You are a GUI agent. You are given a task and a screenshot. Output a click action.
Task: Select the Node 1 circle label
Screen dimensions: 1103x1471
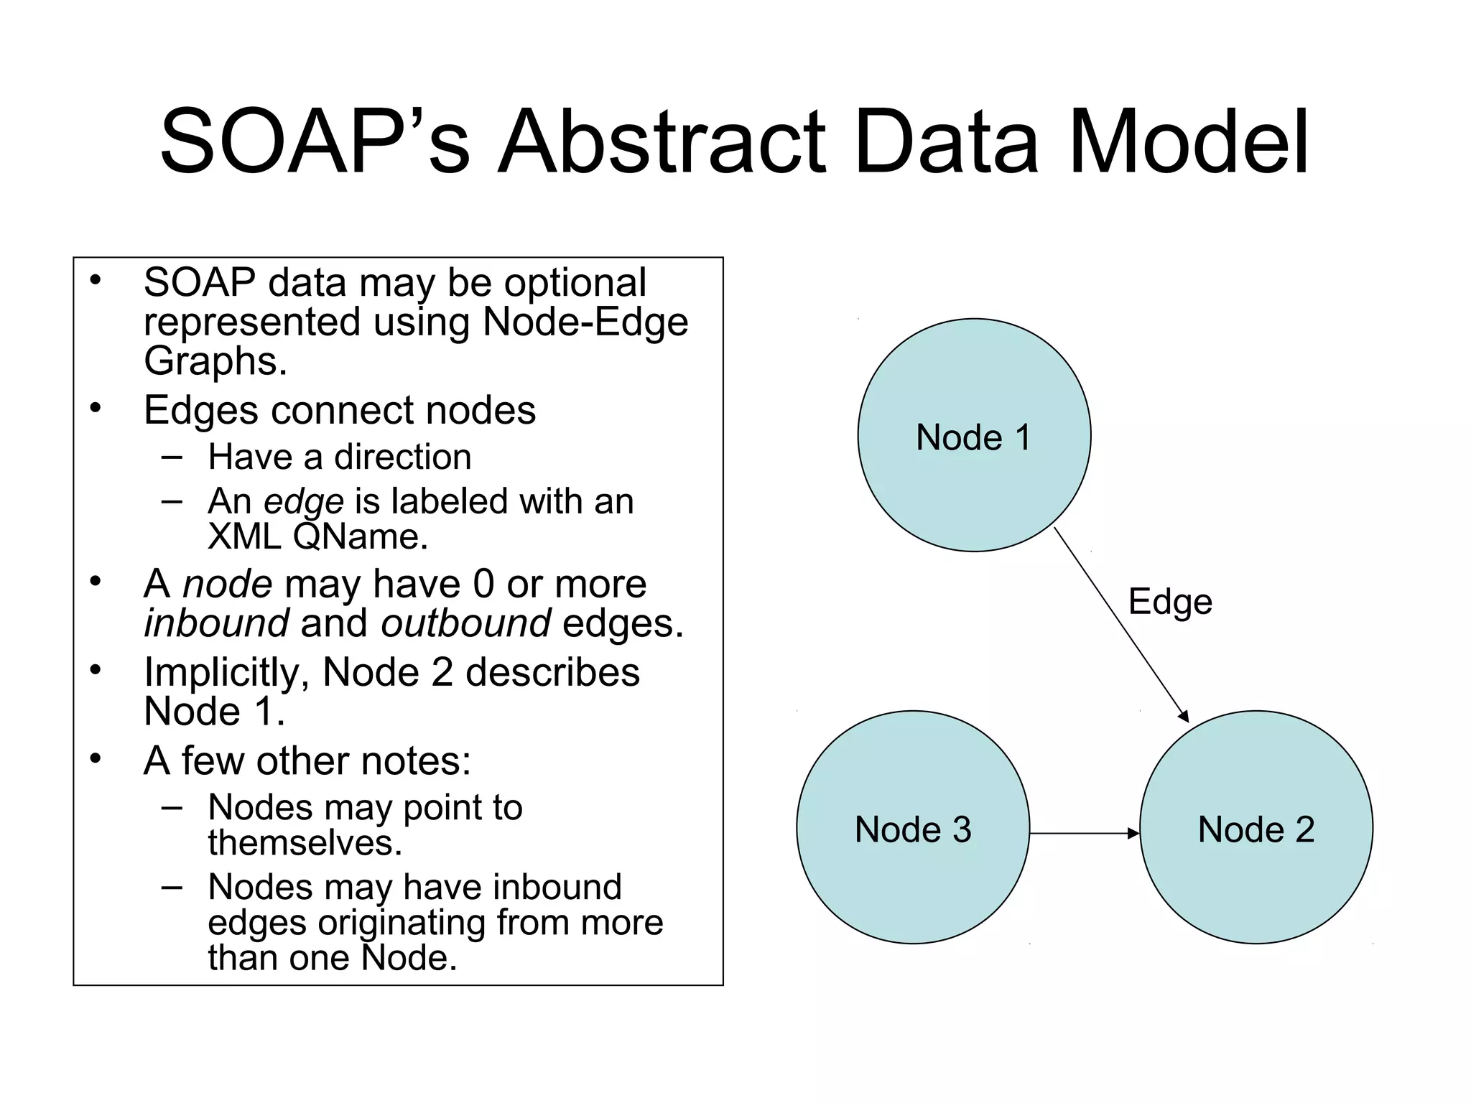point(973,437)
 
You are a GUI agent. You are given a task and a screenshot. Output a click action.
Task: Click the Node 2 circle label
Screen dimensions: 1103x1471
point(1256,829)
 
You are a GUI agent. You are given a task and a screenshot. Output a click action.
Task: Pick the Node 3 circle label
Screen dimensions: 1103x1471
point(912,829)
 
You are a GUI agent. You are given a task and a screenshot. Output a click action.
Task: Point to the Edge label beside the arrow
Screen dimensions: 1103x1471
point(1169,602)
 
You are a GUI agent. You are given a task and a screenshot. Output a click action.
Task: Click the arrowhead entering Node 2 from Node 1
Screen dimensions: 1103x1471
point(1183,715)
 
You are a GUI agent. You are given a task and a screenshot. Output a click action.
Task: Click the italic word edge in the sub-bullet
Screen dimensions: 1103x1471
point(304,501)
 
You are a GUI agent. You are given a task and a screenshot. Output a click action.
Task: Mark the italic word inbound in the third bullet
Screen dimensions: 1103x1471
point(216,623)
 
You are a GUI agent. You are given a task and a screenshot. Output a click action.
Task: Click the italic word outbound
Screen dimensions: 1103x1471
point(465,623)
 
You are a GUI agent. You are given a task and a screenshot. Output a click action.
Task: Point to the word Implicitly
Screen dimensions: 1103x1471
point(226,674)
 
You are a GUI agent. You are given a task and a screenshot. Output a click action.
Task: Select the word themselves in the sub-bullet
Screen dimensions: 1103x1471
point(304,842)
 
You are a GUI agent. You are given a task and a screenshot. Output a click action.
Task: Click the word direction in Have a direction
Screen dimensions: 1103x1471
point(402,457)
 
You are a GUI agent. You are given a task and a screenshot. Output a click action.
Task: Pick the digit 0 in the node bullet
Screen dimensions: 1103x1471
point(483,584)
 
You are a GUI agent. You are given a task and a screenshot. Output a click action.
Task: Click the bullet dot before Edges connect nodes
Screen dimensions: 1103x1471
point(96,408)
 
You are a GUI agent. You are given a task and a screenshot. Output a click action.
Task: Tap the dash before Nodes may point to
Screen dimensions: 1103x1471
point(172,806)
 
